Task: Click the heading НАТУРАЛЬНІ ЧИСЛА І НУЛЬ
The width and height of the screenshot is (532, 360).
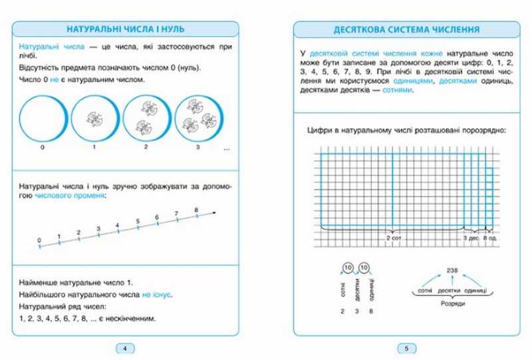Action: pos(126,29)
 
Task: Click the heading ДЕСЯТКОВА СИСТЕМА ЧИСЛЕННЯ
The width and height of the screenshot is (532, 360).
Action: pos(399,29)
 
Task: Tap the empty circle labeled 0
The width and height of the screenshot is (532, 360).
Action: pos(41,117)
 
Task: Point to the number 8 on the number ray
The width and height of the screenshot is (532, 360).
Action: pos(197,210)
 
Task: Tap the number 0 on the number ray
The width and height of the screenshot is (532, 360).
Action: pos(39,240)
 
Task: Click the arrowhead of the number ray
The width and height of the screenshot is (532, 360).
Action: pos(217,212)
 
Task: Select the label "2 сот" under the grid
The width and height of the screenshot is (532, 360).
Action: pos(395,238)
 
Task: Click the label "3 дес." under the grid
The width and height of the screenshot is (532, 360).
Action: pos(470,238)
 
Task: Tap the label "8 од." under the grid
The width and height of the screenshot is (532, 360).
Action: pos(490,238)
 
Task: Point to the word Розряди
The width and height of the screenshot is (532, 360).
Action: pos(442,303)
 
